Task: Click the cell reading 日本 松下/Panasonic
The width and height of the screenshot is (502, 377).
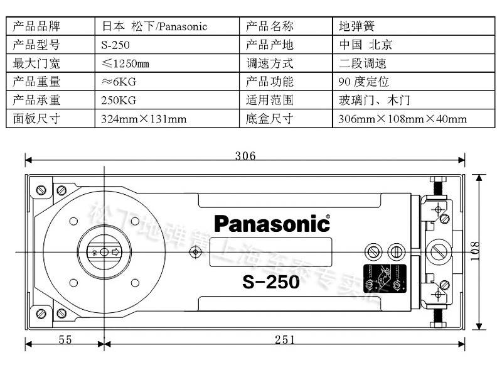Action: [154, 26]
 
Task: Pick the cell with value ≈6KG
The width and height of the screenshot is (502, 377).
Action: [119, 82]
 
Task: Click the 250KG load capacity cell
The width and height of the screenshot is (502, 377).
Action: [119, 100]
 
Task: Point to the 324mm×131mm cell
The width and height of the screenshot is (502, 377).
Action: [144, 118]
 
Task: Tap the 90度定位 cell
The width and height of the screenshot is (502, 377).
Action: [363, 82]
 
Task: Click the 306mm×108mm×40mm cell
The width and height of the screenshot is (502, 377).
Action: [402, 118]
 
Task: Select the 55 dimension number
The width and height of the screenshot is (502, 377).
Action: [65, 339]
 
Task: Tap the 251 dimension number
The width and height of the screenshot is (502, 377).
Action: [284, 339]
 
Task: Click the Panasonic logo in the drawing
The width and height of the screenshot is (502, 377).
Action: [272, 223]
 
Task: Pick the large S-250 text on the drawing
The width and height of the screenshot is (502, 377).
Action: [270, 282]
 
